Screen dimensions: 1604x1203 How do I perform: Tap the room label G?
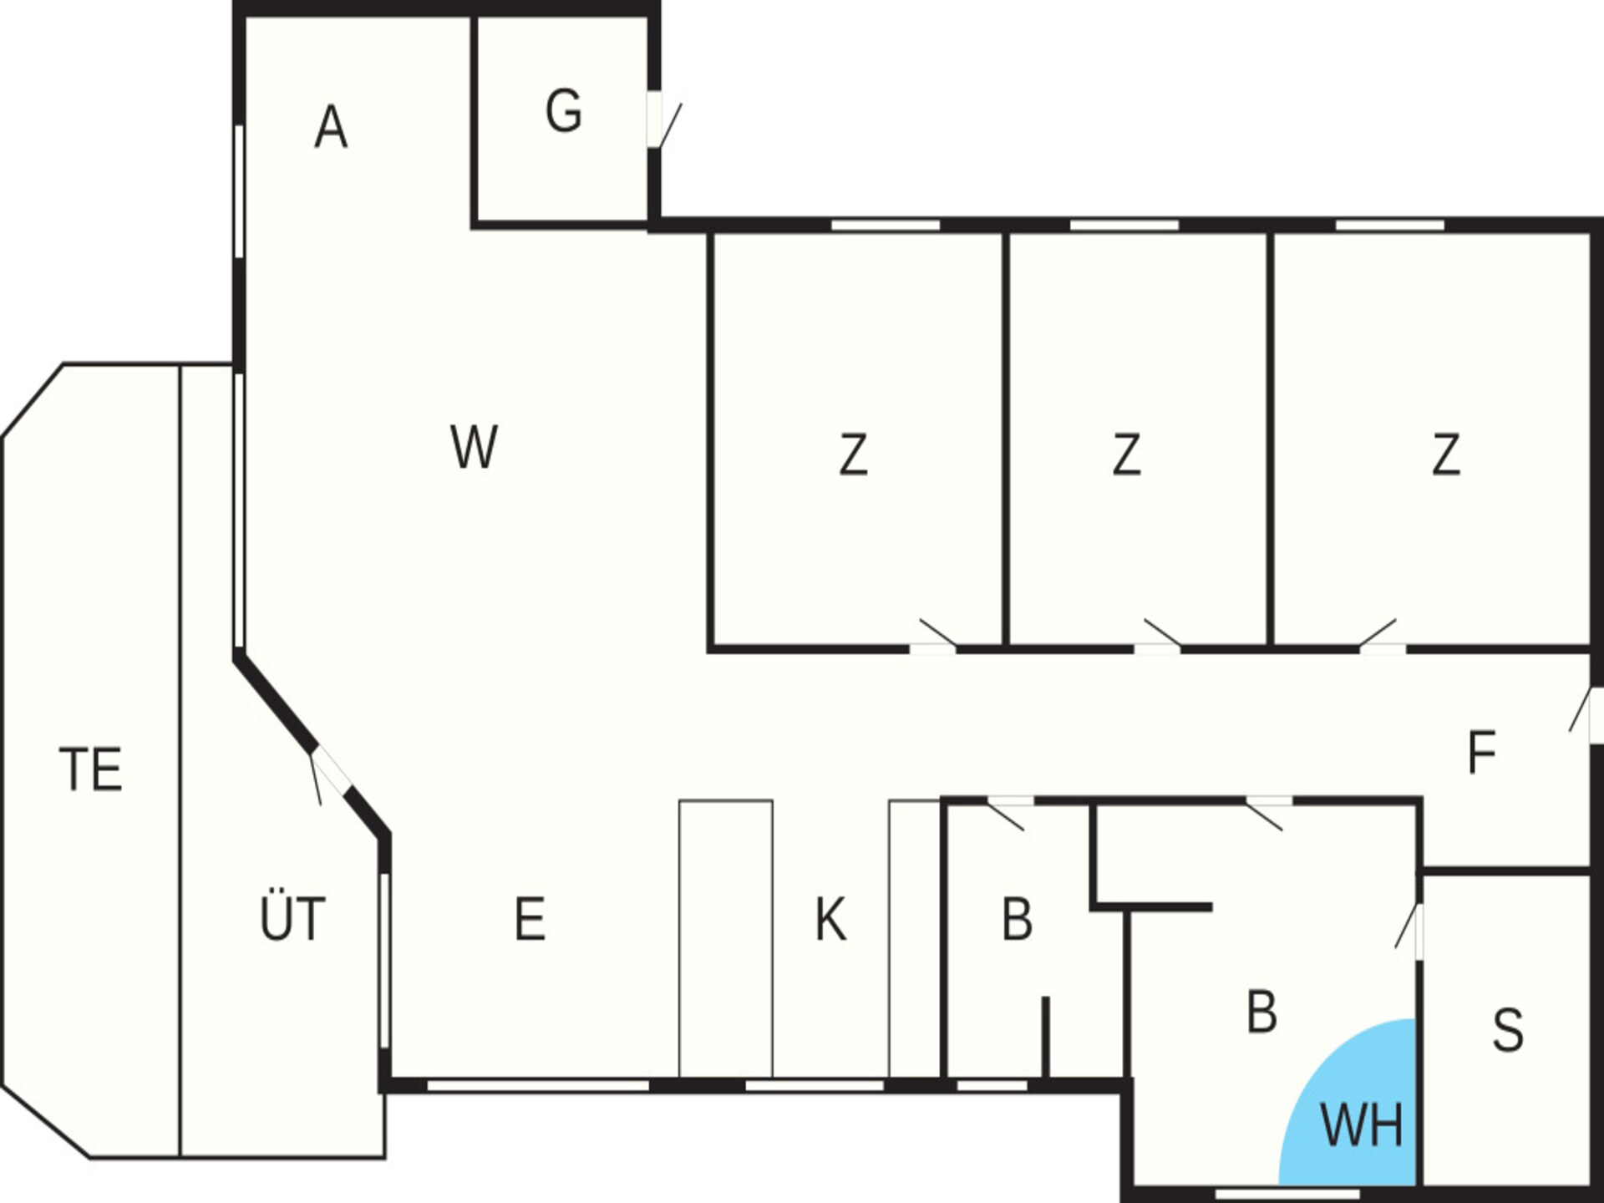564,112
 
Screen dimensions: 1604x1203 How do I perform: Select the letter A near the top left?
331,128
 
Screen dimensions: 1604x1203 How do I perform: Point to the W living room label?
474,446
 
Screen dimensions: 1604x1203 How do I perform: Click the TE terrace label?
91,769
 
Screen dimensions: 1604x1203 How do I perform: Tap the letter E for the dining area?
530,919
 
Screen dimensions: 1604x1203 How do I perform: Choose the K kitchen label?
830,919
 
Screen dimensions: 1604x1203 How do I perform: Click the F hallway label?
1481,752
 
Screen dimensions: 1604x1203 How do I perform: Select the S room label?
1508,1030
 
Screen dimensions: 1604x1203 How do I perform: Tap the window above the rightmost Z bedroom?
1390,225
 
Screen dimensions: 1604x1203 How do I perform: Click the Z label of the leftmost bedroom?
853,454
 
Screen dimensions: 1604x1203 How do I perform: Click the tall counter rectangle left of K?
726,939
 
